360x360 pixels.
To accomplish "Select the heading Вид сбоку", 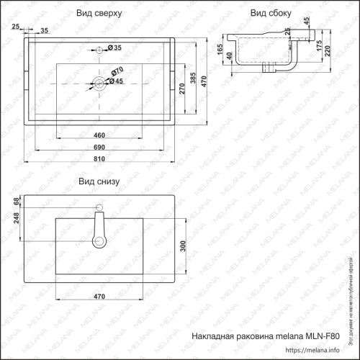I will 271,14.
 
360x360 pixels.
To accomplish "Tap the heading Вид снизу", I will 99,181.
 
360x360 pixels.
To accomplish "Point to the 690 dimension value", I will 99,146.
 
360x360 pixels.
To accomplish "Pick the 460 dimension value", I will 99,135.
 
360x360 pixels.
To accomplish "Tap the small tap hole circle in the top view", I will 99,49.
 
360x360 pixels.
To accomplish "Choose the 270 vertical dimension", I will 183,88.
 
